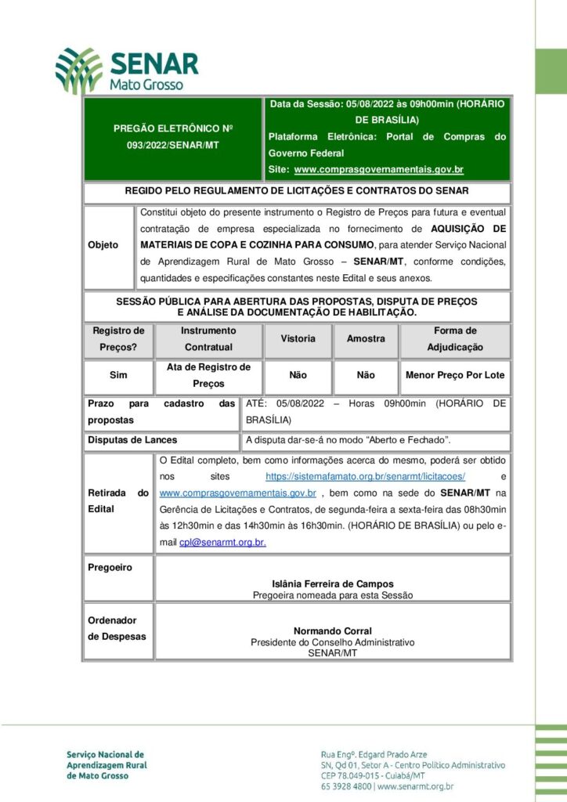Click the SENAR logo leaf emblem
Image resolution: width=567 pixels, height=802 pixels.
click(x=78, y=70)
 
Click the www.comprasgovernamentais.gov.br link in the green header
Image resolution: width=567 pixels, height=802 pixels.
click(x=378, y=169)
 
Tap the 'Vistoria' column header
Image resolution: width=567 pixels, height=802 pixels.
click(x=298, y=339)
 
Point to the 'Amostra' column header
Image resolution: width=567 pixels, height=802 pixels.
click(x=366, y=339)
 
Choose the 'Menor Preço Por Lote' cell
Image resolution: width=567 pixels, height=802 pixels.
click(x=455, y=375)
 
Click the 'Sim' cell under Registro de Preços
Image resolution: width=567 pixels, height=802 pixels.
click(x=118, y=375)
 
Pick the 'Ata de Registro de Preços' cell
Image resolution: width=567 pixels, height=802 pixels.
click(x=208, y=375)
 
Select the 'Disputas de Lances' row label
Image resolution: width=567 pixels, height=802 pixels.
click(x=132, y=440)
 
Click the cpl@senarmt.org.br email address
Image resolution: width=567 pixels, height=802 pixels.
click(x=222, y=542)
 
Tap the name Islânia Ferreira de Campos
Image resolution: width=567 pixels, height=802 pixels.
click(x=333, y=584)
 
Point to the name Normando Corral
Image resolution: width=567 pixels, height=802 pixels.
click(x=333, y=631)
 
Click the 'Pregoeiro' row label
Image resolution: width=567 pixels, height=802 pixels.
click(x=110, y=567)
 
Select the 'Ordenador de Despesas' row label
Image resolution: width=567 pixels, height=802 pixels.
click(x=117, y=628)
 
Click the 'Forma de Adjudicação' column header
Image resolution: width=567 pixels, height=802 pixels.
click(x=455, y=339)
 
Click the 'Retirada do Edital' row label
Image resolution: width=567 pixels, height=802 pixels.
click(x=118, y=500)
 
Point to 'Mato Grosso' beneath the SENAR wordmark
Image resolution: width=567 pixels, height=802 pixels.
click(x=146, y=84)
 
